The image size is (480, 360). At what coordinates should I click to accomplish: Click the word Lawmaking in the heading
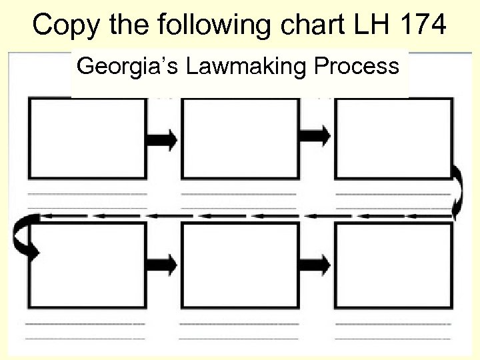tap(230, 67)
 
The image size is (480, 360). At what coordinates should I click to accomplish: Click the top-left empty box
tap(87, 138)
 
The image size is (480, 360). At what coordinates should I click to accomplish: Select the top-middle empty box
tap(240, 138)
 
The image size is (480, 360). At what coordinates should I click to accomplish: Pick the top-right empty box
tap(393, 138)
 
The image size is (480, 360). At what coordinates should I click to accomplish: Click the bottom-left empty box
tap(87, 265)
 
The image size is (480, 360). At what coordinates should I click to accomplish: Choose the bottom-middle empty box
tap(240, 265)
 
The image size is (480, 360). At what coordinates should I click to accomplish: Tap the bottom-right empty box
tap(393, 265)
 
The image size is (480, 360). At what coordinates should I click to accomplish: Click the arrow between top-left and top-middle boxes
tap(163, 139)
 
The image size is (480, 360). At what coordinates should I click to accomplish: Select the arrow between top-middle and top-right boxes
tap(316, 135)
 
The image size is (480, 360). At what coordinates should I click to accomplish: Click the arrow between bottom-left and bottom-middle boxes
tap(163, 264)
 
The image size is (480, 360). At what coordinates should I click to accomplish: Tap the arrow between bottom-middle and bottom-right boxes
tap(316, 264)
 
